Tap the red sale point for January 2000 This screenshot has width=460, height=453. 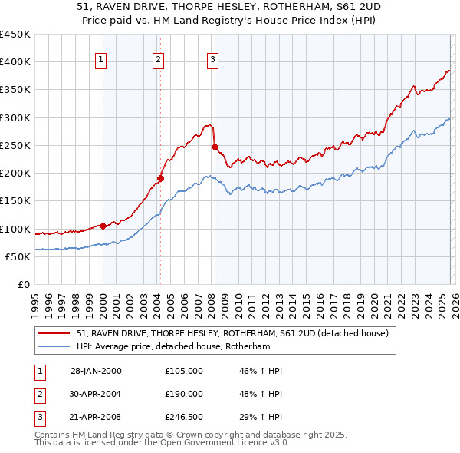(103, 226)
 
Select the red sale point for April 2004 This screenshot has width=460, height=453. (160, 179)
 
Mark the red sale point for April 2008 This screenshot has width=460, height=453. (215, 147)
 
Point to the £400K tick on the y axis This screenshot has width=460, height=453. (15, 62)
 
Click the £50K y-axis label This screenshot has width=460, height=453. (18, 256)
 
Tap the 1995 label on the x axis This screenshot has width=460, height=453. (34, 300)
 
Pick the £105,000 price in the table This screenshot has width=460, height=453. (183, 371)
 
